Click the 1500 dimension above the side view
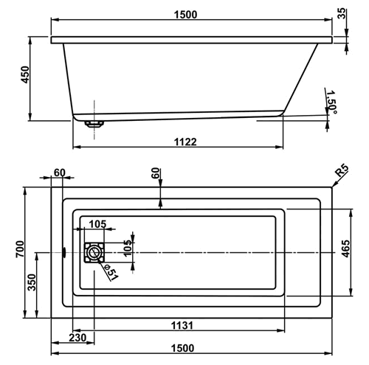(x=185, y=15)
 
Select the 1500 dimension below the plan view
(x=182, y=348)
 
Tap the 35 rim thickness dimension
(x=342, y=13)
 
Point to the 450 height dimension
(x=25, y=74)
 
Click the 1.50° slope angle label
(x=331, y=102)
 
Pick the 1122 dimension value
(x=185, y=142)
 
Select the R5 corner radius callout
(x=342, y=171)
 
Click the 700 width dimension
(x=20, y=249)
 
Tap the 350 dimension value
(x=32, y=282)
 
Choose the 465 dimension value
(x=345, y=248)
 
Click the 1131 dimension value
(x=182, y=325)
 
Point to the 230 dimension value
(x=77, y=338)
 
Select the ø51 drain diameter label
(x=111, y=272)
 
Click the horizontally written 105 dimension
(x=97, y=224)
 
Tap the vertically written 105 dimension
(x=128, y=248)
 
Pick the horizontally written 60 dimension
(x=60, y=173)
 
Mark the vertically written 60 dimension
(x=156, y=173)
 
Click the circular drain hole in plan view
(x=94, y=252)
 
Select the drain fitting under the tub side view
(x=94, y=124)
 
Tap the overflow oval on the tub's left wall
(x=64, y=252)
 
